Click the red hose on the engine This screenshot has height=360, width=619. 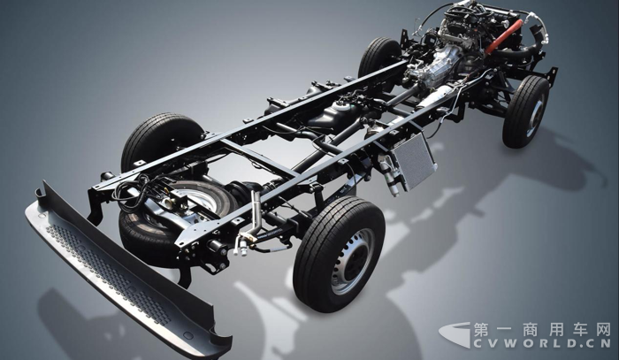pyautogui.click(x=504, y=36)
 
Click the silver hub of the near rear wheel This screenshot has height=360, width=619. pyautogui.click(x=352, y=261)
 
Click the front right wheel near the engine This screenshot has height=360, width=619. pyautogui.click(x=525, y=111)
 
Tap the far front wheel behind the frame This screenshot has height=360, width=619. pyautogui.click(x=378, y=59)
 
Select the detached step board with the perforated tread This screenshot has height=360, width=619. pyautogui.click(x=126, y=272)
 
